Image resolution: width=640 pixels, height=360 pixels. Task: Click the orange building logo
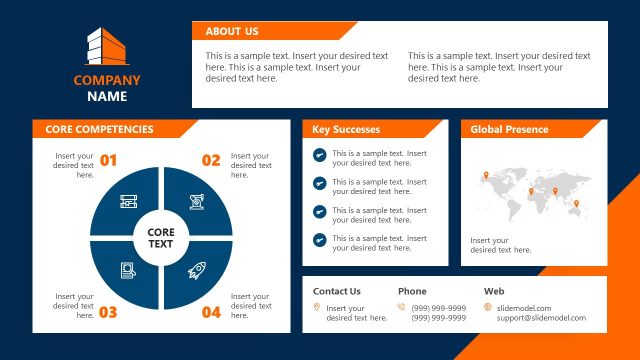[x=107, y=48]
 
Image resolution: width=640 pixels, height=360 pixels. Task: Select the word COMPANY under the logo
[x=107, y=81]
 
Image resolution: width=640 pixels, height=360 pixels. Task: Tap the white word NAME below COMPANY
[x=107, y=97]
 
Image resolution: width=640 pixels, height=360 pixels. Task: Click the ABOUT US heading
[x=231, y=31]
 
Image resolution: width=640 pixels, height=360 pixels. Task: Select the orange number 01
[x=108, y=160]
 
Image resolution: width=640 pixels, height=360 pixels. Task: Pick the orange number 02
[x=211, y=160]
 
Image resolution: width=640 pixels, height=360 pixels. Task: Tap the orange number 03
[x=108, y=312]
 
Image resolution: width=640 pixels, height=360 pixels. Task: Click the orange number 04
[x=211, y=312]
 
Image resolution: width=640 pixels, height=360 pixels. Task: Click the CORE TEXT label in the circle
[x=160, y=237]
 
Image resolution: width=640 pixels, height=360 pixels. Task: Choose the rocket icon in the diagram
[x=197, y=270]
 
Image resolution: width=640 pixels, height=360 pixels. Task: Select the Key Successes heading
[x=346, y=129]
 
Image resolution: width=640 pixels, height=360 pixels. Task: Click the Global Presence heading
[x=509, y=129]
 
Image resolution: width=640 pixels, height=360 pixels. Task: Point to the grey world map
[x=533, y=192]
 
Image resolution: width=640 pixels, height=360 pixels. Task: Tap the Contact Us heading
[x=336, y=291]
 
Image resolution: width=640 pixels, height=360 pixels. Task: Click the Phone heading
[x=412, y=291]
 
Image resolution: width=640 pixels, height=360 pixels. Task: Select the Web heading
[x=494, y=291]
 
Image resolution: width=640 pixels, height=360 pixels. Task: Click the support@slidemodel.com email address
[x=541, y=318]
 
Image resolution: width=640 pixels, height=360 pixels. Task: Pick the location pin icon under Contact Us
[x=317, y=308]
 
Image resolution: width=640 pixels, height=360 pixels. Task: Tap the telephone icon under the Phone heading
[x=402, y=308]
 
